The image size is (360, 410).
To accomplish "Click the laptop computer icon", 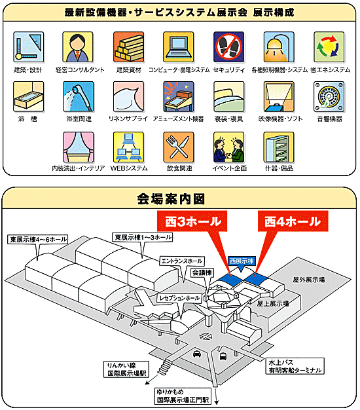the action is pyautogui.click(x=179, y=47).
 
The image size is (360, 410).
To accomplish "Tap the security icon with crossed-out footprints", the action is pyautogui.click(x=228, y=47).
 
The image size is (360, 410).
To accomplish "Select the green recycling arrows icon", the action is pyautogui.click(x=329, y=47).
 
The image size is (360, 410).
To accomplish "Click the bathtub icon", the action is pyautogui.click(x=29, y=96).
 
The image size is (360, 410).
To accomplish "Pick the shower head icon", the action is pyautogui.click(x=79, y=96).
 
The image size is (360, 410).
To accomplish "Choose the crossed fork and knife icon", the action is pyautogui.click(x=179, y=147).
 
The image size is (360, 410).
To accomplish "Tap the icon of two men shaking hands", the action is pyautogui.click(x=228, y=147).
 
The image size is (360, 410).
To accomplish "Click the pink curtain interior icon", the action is pyautogui.click(x=79, y=147).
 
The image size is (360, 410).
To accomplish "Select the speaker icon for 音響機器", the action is pyautogui.click(x=329, y=96).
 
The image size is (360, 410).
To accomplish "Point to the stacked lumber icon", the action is pyautogui.click(x=128, y=47).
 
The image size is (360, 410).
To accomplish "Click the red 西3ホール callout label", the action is pyautogui.click(x=192, y=221).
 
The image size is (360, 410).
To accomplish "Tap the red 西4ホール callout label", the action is pyautogui.click(x=293, y=221).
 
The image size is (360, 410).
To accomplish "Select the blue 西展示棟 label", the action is pyautogui.click(x=242, y=261).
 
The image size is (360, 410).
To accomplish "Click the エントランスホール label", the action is pyautogui.click(x=182, y=261).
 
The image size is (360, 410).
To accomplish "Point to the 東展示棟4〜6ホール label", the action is pyautogui.click(x=38, y=239).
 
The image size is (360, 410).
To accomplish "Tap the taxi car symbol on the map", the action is pyautogui.click(x=197, y=354).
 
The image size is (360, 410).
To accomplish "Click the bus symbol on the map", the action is pyautogui.click(x=223, y=356).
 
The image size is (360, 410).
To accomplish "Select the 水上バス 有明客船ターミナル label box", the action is pyautogui.click(x=295, y=366).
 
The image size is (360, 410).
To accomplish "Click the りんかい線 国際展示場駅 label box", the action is pyautogui.click(x=126, y=369).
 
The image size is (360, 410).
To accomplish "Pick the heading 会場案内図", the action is pyautogui.click(x=171, y=199).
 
